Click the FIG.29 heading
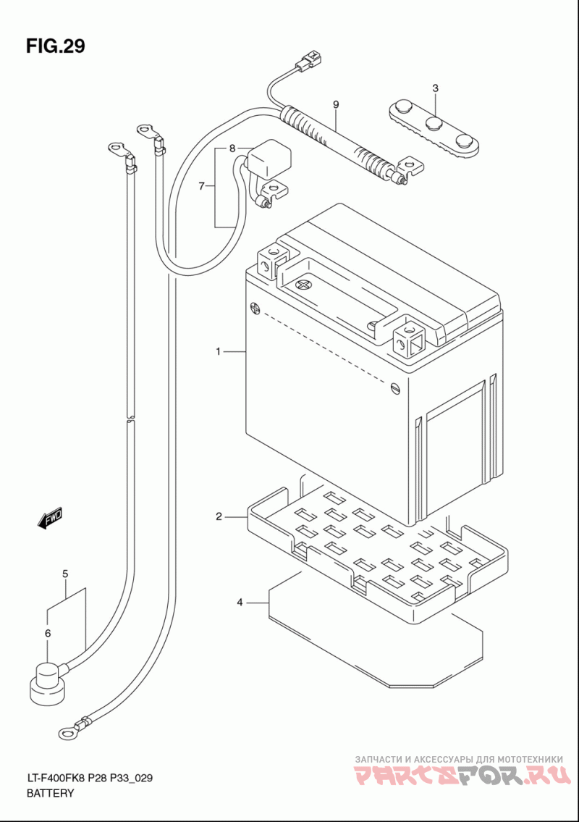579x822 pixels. [56, 46]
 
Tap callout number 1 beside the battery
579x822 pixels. [219, 352]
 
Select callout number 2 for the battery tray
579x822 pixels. [219, 517]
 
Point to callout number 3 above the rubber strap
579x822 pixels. [436, 88]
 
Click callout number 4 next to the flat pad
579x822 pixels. [240, 603]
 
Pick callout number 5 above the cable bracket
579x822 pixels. [65, 574]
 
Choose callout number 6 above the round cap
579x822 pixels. [48, 633]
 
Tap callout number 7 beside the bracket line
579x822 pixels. [202, 186]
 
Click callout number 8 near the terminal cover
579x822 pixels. [232, 148]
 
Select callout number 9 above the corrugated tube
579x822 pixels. [336, 105]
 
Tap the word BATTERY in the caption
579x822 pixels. [51, 793]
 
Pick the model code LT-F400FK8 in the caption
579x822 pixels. [55, 779]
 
